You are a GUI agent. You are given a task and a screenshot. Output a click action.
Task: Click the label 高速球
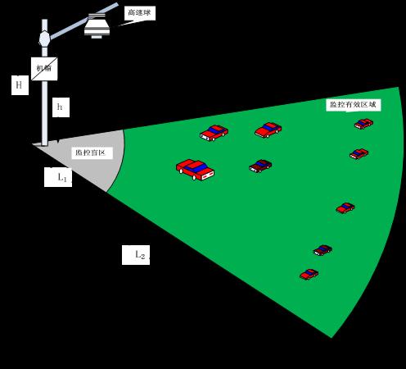139,12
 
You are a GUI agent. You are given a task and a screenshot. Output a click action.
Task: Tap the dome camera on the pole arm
97,26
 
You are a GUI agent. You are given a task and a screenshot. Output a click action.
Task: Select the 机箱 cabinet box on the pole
44,69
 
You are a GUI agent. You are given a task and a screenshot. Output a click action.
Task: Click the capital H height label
19,85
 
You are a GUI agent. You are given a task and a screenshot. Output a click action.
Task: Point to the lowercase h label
60,107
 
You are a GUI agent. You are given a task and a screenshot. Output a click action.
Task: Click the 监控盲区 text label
90,153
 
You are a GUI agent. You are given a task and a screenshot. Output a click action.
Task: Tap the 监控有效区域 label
353,104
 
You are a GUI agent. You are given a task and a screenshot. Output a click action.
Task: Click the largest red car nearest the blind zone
195,170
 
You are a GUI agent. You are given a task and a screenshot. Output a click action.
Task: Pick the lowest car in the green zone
309,275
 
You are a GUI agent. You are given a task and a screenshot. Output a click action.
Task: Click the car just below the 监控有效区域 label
363,124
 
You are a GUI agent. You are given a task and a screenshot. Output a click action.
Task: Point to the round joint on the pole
44,39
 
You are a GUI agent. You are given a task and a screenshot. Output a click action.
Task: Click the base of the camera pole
44,143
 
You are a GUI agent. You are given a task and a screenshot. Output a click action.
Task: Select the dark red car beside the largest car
260,166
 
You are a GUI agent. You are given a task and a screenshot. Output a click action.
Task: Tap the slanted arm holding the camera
83,20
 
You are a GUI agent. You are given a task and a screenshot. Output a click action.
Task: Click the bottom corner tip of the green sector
332,338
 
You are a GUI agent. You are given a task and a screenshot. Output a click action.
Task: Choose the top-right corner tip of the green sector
399,88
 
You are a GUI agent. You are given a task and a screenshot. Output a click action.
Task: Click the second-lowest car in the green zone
323,250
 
